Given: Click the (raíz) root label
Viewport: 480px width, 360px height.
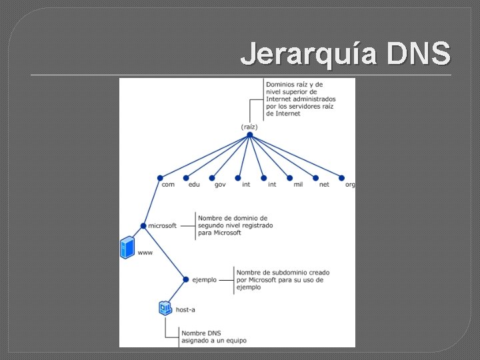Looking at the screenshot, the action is coord(249,127).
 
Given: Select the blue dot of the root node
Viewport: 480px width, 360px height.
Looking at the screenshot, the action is coord(249,135).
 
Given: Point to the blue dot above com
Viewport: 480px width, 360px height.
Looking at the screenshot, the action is coord(160,178).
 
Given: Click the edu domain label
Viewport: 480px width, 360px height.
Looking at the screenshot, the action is coord(194,185).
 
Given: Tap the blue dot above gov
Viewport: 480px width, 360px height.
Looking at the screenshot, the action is coord(212,178).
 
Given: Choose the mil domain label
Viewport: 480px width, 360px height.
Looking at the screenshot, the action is coord(298,185).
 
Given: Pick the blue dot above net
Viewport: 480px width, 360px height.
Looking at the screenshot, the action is coord(315,178).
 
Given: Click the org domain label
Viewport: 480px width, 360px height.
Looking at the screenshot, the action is coord(350,185).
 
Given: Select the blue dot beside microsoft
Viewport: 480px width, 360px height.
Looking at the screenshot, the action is coord(143,226).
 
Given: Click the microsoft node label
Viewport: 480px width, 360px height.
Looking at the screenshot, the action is coord(163,226).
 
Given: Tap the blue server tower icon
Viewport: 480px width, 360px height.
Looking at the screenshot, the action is coord(127,247).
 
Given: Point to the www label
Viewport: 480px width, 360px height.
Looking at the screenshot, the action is coord(145,253).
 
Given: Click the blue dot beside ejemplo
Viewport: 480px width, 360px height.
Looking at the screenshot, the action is coord(186,280).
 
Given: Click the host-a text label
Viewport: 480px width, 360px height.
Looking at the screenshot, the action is coord(185,310).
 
